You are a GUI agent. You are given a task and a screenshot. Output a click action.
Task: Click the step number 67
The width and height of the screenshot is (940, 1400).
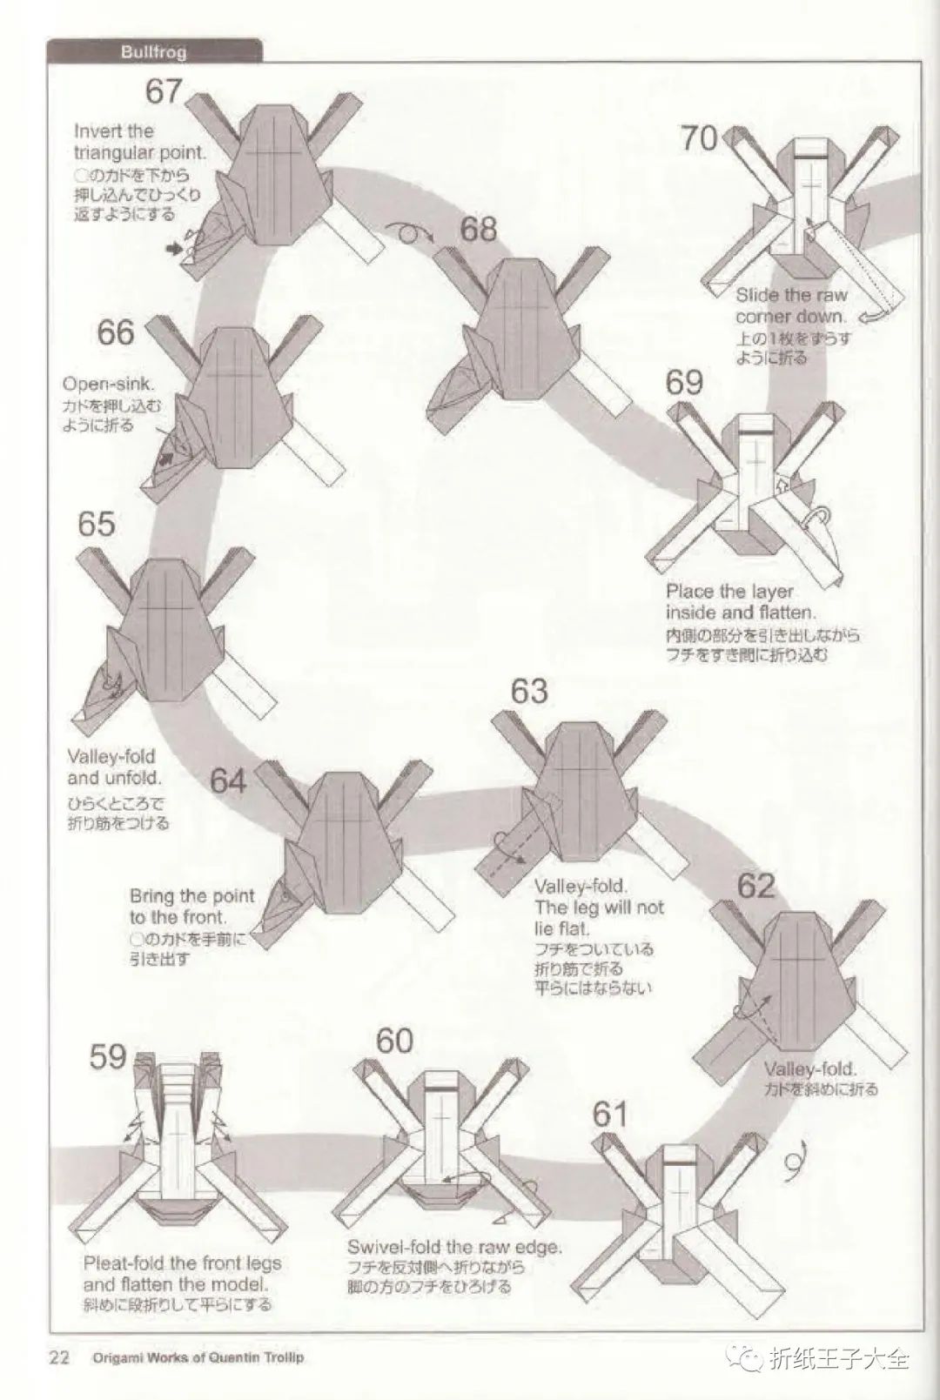tap(164, 90)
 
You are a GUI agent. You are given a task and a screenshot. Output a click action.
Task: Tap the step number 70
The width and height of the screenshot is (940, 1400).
tap(699, 137)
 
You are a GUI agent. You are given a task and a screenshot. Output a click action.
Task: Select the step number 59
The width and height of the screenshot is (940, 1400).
tap(109, 1056)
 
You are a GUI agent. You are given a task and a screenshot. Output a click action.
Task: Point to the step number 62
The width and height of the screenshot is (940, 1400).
tap(755, 886)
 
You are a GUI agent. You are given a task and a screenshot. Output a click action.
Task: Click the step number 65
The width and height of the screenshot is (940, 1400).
tap(96, 524)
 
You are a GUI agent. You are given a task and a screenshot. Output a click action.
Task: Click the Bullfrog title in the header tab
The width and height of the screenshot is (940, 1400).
tap(153, 52)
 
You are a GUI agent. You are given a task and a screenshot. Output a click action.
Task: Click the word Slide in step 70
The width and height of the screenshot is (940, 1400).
tap(756, 295)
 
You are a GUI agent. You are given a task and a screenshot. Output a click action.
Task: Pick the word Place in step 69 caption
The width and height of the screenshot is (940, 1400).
tap(688, 592)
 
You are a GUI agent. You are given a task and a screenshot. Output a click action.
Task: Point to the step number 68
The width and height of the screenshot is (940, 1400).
tap(479, 229)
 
